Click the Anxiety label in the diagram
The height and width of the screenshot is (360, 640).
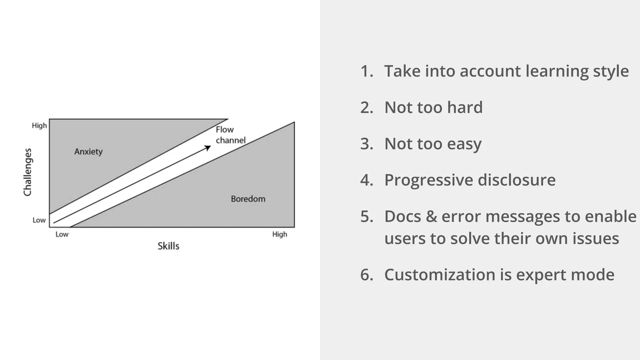[88, 152]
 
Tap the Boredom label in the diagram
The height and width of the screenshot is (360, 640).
[248, 199]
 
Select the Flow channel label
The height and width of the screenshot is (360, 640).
[230, 135]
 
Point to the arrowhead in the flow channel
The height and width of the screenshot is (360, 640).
[208, 147]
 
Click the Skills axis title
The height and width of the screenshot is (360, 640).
[168, 246]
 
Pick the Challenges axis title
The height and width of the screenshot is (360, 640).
[28, 172]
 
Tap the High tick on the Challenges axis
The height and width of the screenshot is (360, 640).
[39, 126]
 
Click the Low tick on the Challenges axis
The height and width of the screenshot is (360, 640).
[39, 220]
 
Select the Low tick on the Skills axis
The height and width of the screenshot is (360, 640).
[62, 234]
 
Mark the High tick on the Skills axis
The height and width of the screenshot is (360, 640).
[279, 234]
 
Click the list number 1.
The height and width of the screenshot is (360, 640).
[367, 71]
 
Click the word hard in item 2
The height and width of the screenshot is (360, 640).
[465, 107]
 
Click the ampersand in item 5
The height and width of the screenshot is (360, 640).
[431, 217]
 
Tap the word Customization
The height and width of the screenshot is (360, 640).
[439, 275]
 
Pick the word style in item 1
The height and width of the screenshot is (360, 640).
[611, 71]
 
